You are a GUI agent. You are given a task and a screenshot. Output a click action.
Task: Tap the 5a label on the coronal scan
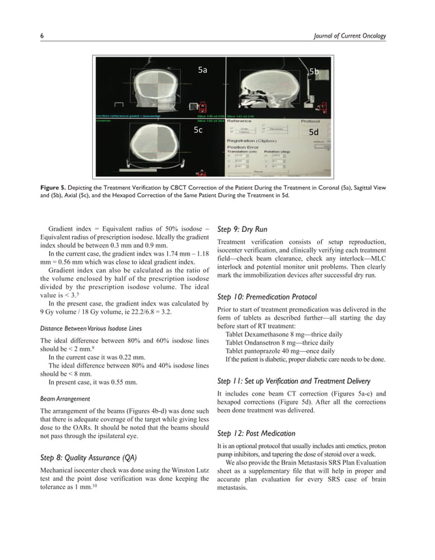point(202,70)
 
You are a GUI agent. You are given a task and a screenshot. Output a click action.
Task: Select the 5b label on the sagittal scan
point(314,71)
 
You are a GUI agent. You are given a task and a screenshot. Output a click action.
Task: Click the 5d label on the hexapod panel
point(314,131)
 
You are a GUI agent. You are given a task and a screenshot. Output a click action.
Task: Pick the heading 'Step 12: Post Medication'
point(256,433)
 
